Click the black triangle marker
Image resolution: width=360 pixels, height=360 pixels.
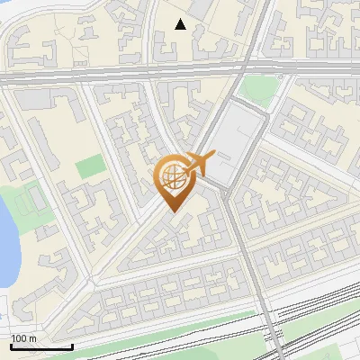tap(181, 24)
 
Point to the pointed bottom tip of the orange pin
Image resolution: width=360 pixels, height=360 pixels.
tap(173, 212)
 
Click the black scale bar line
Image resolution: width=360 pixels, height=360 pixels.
tap(41, 346)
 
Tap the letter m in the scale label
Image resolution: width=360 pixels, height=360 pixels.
tap(32, 338)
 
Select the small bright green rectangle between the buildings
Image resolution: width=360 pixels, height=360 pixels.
tap(89, 166)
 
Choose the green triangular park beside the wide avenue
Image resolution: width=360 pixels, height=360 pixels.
tap(260, 88)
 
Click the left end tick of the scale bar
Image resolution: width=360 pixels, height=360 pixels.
tap(11, 345)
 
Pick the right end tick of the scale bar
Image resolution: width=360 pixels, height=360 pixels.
tap(72, 345)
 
